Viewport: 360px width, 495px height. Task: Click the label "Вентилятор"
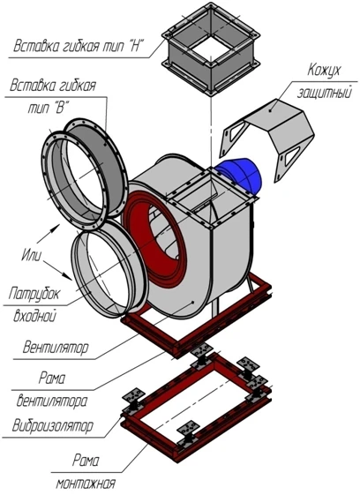(56, 347)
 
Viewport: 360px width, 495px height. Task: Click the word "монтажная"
(84, 484)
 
